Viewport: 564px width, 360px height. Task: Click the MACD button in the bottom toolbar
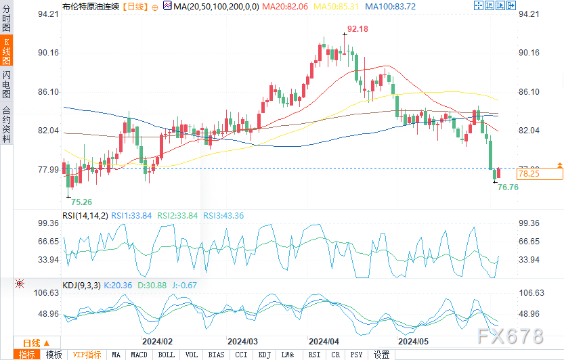click(x=139, y=355)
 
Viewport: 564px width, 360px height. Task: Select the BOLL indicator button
click(x=165, y=355)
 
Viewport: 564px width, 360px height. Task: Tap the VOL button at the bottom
click(x=192, y=355)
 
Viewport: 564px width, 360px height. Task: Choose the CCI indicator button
click(x=241, y=355)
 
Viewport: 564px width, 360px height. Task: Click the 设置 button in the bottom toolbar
click(x=382, y=355)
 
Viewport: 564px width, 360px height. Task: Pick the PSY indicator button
click(x=357, y=355)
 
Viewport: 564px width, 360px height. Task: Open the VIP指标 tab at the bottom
click(x=87, y=355)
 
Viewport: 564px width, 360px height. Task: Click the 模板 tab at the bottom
click(x=53, y=355)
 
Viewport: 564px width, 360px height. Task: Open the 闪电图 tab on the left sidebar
click(x=7, y=85)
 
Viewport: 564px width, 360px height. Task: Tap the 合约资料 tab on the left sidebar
click(x=7, y=125)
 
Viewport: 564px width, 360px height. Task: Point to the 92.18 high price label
click(x=357, y=29)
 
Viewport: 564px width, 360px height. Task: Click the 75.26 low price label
click(x=81, y=202)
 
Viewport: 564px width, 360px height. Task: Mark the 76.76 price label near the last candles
click(x=508, y=187)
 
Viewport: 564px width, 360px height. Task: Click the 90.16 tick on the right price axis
click(x=529, y=53)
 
